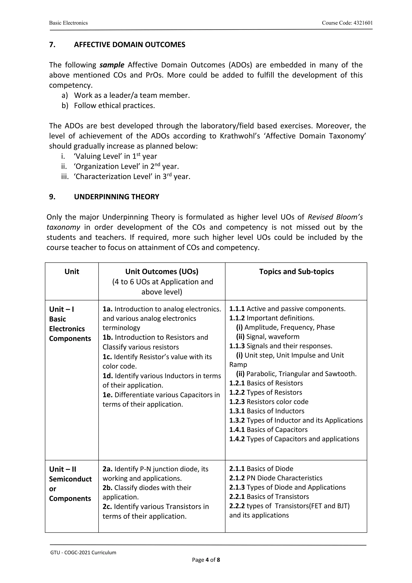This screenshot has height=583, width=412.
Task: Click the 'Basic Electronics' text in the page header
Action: [68, 23]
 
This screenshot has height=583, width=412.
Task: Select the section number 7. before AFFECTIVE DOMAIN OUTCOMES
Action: [52, 45]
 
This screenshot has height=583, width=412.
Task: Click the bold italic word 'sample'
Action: [112, 65]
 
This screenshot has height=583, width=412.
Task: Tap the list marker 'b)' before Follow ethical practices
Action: [65, 105]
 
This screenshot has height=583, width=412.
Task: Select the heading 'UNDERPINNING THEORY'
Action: [116, 197]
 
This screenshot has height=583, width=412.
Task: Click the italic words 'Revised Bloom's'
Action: [335, 217]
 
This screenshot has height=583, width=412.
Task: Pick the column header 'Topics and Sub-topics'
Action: [296, 271]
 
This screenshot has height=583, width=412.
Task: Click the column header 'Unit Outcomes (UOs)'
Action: [162, 271]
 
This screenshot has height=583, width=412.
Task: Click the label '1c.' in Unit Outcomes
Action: [107, 357]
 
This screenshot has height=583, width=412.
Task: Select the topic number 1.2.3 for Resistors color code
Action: [237, 402]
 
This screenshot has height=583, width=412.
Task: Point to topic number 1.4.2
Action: [237, 439]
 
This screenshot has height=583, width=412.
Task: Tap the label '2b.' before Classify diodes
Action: [107, 488]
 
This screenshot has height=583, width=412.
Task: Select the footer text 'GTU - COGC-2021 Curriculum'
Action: [83, 553]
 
